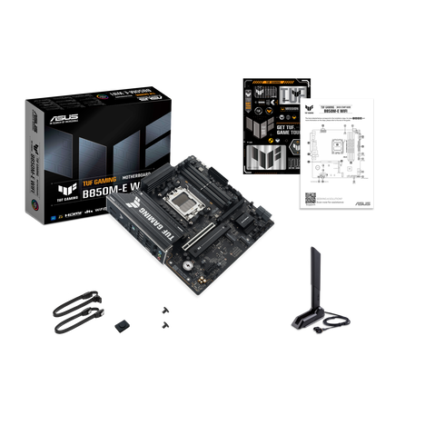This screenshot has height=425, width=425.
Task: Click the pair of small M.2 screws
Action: click(163, 318)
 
